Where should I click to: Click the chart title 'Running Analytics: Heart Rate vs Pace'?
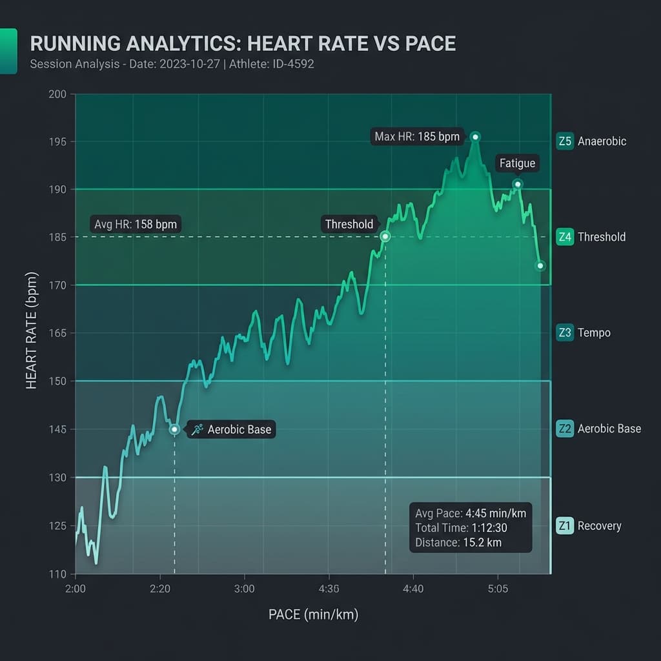click(x=243, y=44)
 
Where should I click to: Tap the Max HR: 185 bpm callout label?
click(x=417, y=137)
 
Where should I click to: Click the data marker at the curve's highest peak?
click(x=475, y=137)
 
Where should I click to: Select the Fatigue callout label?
click(x=517, y=163)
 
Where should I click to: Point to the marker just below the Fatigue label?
click(x=518, y=185)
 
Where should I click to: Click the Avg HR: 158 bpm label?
click(x=135, y=225)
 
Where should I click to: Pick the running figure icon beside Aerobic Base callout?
click(x=197, y=429)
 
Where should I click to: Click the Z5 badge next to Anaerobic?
click(x=564, y=141)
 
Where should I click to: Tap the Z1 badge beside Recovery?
click(x=564, y=525)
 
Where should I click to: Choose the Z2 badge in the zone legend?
click(x=564, y=429)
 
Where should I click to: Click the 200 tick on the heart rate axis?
click(x=57, y=94)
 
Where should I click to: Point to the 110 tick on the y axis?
click(x=57, y=574)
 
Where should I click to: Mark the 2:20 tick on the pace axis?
click(x=159, y=589)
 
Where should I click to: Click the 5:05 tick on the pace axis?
click(x=498, y=589)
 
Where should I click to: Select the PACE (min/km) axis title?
click(x=313, y=615)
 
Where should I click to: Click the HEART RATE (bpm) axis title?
click(x=32, y=334)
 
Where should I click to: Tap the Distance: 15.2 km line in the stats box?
click(x=458, y=543)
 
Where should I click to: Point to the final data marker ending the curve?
click(x=540, y=266)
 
